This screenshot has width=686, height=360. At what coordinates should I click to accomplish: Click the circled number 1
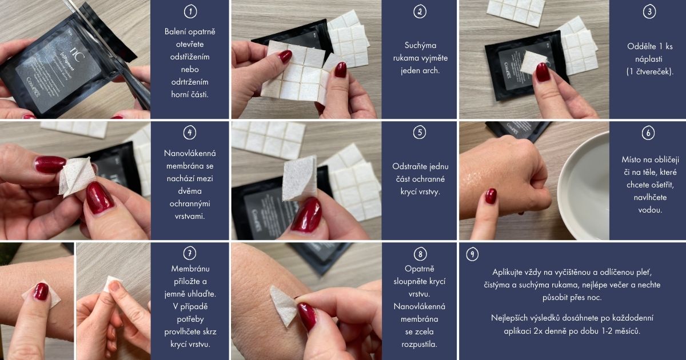190,11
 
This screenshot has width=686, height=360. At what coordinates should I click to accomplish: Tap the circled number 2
420,11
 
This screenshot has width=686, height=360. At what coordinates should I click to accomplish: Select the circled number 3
649,11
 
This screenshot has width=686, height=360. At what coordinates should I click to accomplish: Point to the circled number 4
190,133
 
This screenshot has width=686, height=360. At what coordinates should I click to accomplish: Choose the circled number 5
420,133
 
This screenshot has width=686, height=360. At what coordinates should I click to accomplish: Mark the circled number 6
648,133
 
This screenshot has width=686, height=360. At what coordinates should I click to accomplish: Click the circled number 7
190,254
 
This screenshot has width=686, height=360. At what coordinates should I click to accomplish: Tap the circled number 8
420,254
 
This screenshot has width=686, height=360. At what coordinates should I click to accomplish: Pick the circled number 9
472,254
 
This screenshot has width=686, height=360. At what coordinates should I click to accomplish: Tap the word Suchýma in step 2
420,45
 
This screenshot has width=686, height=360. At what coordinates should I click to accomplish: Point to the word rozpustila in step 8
419,344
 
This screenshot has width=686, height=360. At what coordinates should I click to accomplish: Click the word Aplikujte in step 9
507,272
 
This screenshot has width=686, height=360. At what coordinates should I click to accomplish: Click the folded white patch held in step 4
77,177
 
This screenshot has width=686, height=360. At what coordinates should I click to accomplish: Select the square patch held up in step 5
299,178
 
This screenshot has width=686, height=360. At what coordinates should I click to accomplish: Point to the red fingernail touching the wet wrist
490,196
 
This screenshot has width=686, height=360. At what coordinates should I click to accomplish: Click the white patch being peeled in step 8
284,305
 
